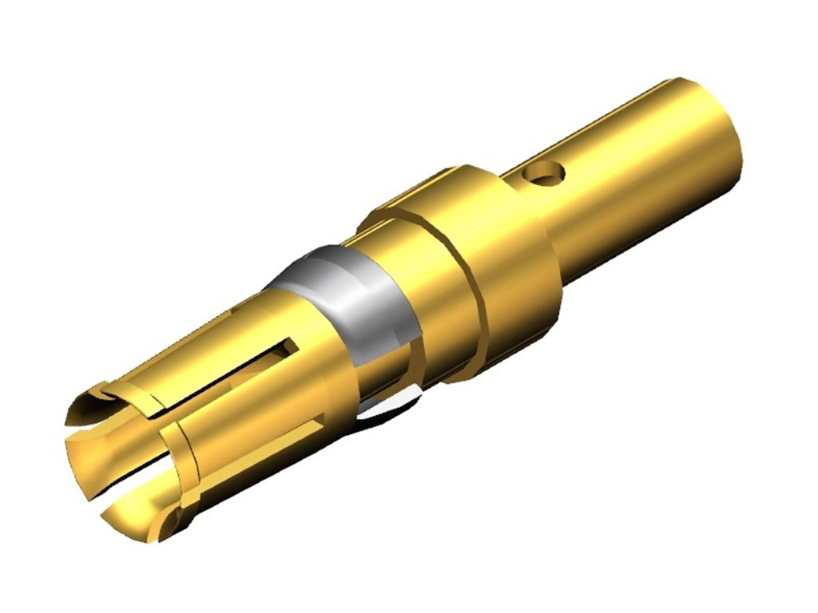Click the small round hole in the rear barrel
click(551, 172)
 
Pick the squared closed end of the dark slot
click(288, 348)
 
